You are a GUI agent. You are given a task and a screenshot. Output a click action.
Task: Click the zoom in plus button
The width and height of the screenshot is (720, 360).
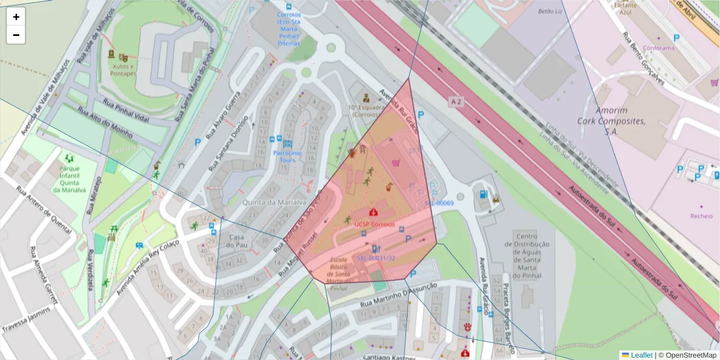(16, 17)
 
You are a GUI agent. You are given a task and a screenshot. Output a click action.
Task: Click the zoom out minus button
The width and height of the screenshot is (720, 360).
(16, 35)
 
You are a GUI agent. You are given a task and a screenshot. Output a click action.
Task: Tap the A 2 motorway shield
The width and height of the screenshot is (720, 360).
(457, 103)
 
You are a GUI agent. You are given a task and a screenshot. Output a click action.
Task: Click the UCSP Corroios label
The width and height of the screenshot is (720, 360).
(374, 224)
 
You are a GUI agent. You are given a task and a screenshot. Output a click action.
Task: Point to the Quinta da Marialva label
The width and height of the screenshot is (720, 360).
(274, 202)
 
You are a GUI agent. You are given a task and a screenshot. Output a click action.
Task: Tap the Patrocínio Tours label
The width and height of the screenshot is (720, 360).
(287, 156)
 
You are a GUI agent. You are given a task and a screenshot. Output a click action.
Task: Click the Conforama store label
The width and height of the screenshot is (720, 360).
(658, 48)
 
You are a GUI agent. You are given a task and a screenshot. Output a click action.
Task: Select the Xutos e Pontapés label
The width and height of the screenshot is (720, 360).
(123, 70)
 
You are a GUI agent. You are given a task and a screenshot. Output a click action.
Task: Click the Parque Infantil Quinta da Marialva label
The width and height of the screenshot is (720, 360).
(70, 179)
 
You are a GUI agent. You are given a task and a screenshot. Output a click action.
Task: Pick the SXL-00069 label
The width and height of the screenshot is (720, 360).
(439, 203)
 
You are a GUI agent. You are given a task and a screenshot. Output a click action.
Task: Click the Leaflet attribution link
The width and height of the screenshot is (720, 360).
(641, 355)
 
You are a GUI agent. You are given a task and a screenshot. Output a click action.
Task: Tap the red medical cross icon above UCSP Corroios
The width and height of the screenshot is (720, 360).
(374, 212)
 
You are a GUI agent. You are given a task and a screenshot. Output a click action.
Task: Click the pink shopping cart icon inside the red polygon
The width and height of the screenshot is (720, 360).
(395, 163)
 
